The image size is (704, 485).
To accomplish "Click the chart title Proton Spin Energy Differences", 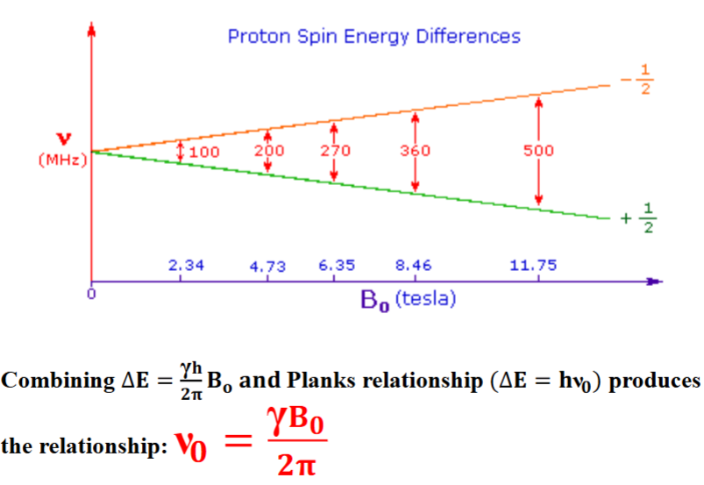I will (373, 36).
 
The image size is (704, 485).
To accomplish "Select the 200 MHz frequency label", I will (268, 150).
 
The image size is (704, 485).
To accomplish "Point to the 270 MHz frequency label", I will (335, 150).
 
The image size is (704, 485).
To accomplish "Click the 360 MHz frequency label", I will (415, 150).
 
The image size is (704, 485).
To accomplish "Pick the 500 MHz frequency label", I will (539, 150).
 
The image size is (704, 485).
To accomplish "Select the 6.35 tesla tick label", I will (336, 265).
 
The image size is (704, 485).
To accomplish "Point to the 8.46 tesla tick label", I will (413, 265).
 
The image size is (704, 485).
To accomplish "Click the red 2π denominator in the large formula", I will (290, 464).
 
